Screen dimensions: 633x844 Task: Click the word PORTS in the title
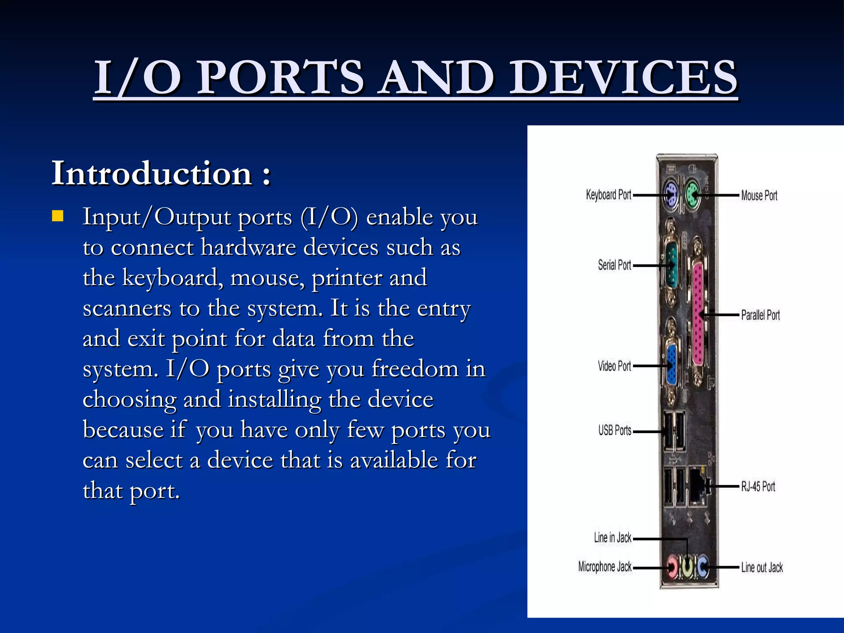coord(280,77)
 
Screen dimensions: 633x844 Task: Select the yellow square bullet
coord(58,216)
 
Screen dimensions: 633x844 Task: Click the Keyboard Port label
coord(608,195)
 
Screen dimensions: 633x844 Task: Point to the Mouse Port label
coord(759,195)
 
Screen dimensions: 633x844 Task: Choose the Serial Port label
coord(614,265)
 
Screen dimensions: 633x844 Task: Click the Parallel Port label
coord(760,315)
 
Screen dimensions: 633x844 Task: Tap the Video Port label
coord(614,366)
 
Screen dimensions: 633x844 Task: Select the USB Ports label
coord(614,431)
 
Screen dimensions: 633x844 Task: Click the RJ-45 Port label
coord(758,487)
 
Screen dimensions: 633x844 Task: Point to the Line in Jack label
coord(612,538)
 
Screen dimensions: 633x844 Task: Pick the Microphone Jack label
coord(605,567)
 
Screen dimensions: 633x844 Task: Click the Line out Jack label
coord(762,567)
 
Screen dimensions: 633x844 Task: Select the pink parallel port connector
coord(698,315)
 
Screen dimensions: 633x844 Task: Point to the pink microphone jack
coord(672,567)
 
